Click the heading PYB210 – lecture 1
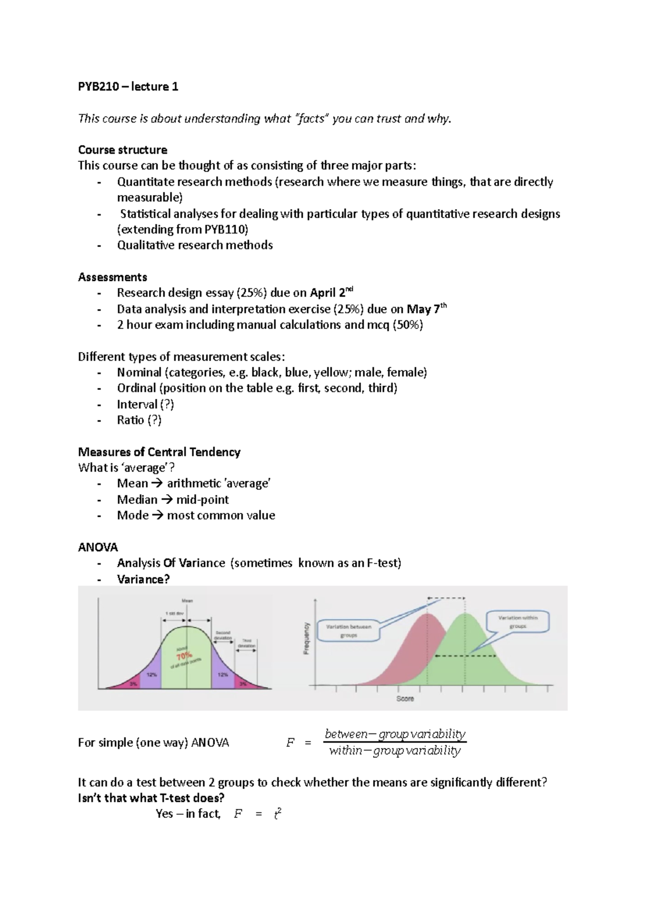coord(128,87)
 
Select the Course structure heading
coord(123,149)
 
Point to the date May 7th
coord(426,309)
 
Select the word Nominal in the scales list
coord(139,372)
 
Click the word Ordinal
coord(137,388)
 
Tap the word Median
coord(137,500)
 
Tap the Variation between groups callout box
coord(349,631)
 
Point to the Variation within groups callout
coord(518,622)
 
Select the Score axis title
coord(405,698)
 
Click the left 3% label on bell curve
coord(133,683)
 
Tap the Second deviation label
coord(223,635)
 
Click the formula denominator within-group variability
coord(395,751)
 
